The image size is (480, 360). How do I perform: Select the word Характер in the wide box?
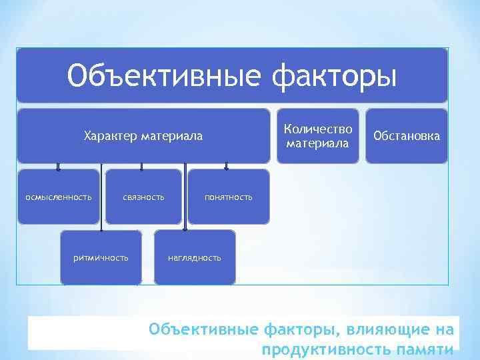tap(109, 137)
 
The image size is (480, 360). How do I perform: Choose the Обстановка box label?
tap(407, 136)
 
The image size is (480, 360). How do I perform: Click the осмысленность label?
tap(59, 197)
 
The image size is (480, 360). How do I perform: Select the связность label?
tap(143, 197)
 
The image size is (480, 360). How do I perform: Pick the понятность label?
tap(229, 197)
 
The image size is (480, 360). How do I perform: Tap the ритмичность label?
tap(101, 257)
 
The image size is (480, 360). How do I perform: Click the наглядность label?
tap(194, 257)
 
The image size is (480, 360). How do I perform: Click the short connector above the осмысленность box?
tap(59, 167)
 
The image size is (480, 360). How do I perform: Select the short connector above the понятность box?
tap(227, 167)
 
